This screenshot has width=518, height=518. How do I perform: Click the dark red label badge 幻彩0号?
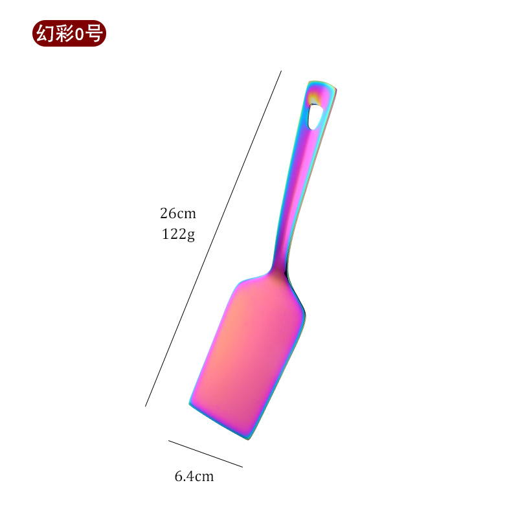click(69, 34)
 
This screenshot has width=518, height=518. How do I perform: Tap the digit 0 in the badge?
click(79, 34)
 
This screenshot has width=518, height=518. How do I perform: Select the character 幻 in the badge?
click(45, 34)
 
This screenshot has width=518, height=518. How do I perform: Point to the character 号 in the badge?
click(93, 34)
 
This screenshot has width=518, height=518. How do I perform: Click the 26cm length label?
click(178, 214)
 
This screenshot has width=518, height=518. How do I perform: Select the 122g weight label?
click(178, 234)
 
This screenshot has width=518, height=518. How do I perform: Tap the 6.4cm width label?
click(194, 476)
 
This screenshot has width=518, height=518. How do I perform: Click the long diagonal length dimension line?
click(214, 238)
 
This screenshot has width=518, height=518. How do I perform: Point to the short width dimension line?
click(205, 454)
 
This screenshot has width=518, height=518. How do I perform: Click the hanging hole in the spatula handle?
click(315, 116)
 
